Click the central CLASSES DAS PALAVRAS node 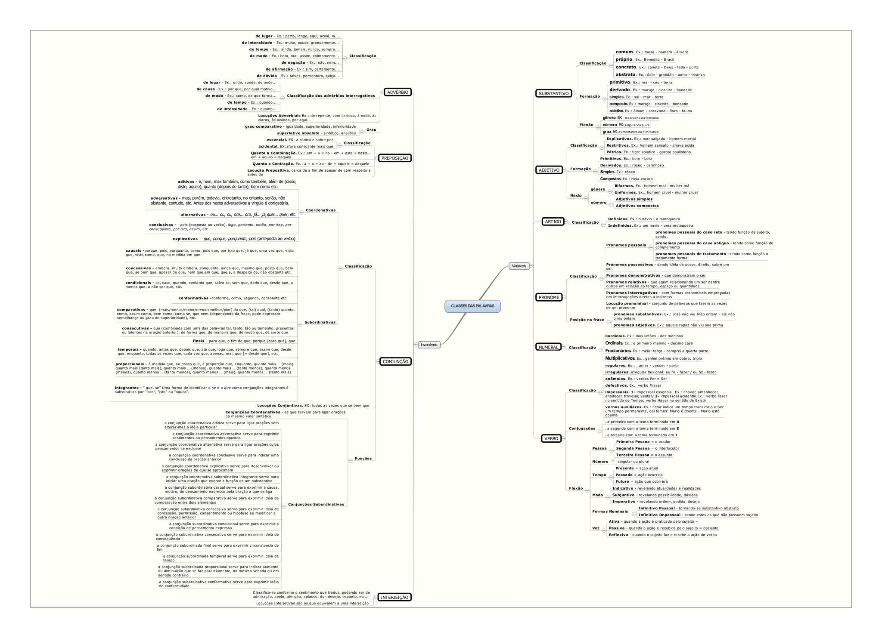pos(472,306)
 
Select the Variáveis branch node pos(519,266)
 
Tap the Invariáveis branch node pos(429,345)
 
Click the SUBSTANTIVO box pos(553,93)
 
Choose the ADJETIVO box pos(549,170)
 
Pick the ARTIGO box pos(553,222)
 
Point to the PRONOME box pos(549,297)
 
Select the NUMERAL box pos(548,347)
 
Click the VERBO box pos(551,439)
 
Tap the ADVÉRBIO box pos(398,92)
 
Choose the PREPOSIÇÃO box pos(395,158)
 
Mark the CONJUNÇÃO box pos(395,361)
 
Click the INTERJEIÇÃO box pos(394,597)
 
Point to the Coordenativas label pos(320,210)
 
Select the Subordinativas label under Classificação pos(320,322)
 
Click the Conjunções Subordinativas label pos(316,504)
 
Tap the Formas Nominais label pos(610,512)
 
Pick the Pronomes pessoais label pos(626,245)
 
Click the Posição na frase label pos(587,320)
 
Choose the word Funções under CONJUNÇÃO pos(363,458)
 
